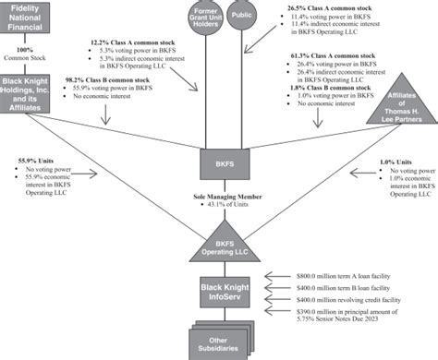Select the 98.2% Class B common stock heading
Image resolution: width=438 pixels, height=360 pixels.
[110, 81]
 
